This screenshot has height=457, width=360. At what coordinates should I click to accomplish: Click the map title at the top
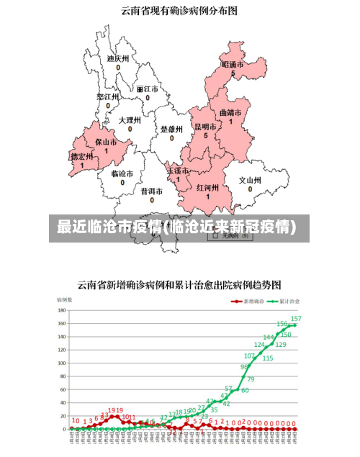179,11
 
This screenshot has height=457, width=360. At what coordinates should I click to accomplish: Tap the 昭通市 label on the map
233,65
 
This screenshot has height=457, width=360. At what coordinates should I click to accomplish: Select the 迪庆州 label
117,59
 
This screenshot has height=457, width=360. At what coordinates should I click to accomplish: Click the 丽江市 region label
147,89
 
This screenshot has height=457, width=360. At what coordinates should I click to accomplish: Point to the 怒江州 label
107,96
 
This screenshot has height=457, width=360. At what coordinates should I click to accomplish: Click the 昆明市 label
205,127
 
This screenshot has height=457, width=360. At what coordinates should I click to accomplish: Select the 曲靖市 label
230,113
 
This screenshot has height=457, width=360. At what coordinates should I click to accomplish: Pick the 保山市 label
106,142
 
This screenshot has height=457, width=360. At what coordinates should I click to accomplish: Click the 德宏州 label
81,156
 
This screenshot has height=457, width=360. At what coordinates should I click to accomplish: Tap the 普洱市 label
152,191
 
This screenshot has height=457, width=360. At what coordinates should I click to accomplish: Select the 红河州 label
207,187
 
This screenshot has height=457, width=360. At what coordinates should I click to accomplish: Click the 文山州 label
250,181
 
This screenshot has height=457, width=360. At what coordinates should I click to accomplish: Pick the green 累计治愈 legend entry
283,301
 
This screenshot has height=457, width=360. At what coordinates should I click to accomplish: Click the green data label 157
296,318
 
